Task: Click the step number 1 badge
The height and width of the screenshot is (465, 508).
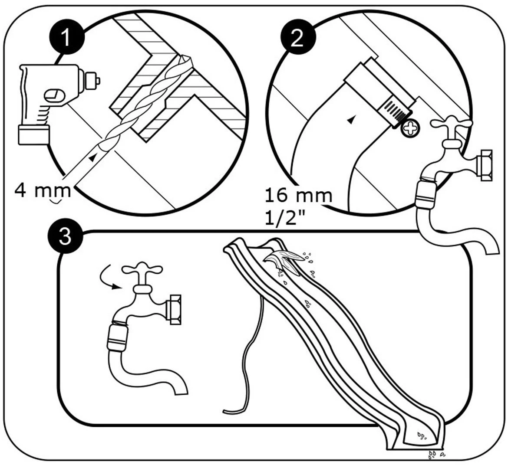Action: tap(66, 38)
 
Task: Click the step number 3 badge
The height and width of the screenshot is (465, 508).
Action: tap(64, 238)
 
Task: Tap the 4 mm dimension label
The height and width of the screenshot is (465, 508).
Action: tap(42, 190)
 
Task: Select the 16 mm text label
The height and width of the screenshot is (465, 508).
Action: tap(298, 196)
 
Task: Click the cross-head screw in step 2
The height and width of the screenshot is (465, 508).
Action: tap(409, 129)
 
